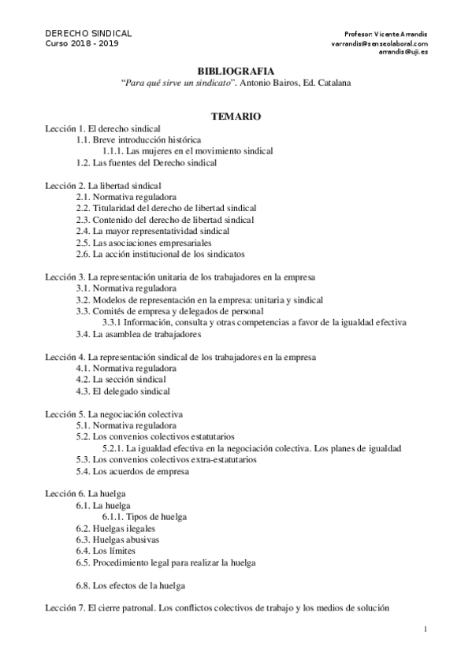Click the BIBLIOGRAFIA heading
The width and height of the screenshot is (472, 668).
tap(236, 70)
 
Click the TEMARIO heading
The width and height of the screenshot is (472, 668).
tap(236, 116)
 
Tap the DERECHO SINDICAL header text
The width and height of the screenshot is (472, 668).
tap(87, 34)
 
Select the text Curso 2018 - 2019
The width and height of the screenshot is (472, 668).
tap(83, 44)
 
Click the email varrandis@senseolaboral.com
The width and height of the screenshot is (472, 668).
tap(380, 44)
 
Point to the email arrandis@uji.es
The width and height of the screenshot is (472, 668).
tap(403, 53)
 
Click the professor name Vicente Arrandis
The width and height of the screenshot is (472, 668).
tap(402, 35)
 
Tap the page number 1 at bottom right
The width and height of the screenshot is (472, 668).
tap(425, 628)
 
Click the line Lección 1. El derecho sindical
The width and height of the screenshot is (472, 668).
tap(102, 128)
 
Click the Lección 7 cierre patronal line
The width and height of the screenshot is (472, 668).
tap(216, 609)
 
